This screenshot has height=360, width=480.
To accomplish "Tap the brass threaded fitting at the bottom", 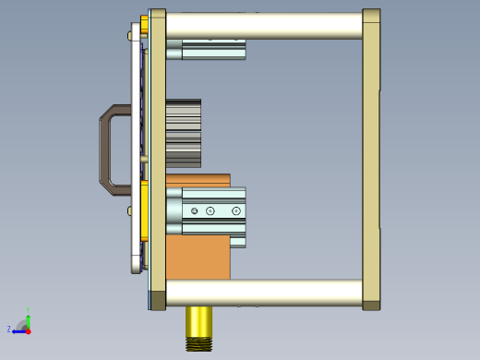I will [198, 323].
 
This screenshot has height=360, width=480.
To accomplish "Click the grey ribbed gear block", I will [183, 134].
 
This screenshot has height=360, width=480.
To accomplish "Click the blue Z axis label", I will [9, 329].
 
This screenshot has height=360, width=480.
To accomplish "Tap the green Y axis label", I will [29, 310].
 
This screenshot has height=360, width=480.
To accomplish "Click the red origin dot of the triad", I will [28, 330].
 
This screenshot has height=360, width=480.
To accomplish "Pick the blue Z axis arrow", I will [18, 330].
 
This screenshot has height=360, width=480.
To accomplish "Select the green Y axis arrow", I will [28, 320].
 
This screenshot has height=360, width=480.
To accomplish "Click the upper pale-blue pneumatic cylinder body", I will [214, 49].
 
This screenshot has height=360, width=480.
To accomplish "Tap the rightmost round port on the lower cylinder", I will [236, 211].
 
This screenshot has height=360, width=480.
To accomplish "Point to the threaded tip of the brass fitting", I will [198, 344].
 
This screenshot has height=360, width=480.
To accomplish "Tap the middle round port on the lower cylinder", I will [211, 211].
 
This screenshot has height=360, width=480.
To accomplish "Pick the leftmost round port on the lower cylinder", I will [194, 211].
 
